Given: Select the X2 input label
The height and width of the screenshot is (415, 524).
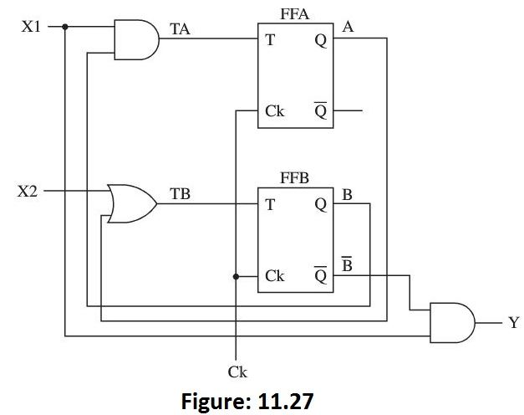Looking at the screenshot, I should [29, 192].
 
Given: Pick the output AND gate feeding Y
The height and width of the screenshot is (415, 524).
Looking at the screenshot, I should [451, 320].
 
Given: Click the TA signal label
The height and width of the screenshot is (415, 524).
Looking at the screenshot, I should [180, 30].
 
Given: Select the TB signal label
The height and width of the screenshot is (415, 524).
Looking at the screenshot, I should [180, 193].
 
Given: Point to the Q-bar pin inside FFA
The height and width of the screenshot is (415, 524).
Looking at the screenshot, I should [322, 110].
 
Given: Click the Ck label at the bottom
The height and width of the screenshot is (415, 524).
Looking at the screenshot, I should [237, 371].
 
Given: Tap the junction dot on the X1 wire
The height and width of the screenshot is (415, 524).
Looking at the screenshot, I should [65, 26].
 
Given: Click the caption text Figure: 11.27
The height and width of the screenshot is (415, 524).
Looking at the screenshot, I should [247, 400].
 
